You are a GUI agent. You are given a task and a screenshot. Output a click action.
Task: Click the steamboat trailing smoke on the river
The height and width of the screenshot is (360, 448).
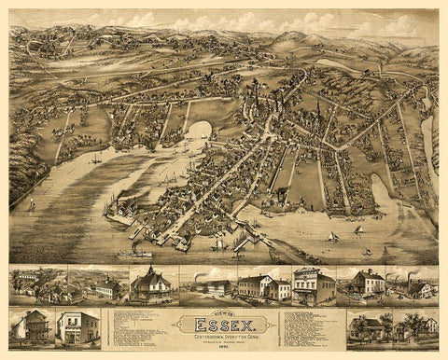click(x=134, y=252)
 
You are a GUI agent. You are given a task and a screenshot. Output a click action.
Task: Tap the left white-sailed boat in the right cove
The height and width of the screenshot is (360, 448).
click(x=332, y=238)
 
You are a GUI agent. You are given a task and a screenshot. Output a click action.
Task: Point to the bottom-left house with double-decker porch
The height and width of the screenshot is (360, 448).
click(x=33, y=327)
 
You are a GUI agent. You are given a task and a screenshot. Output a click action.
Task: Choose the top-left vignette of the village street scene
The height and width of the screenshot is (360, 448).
click(x=37, y=285)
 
